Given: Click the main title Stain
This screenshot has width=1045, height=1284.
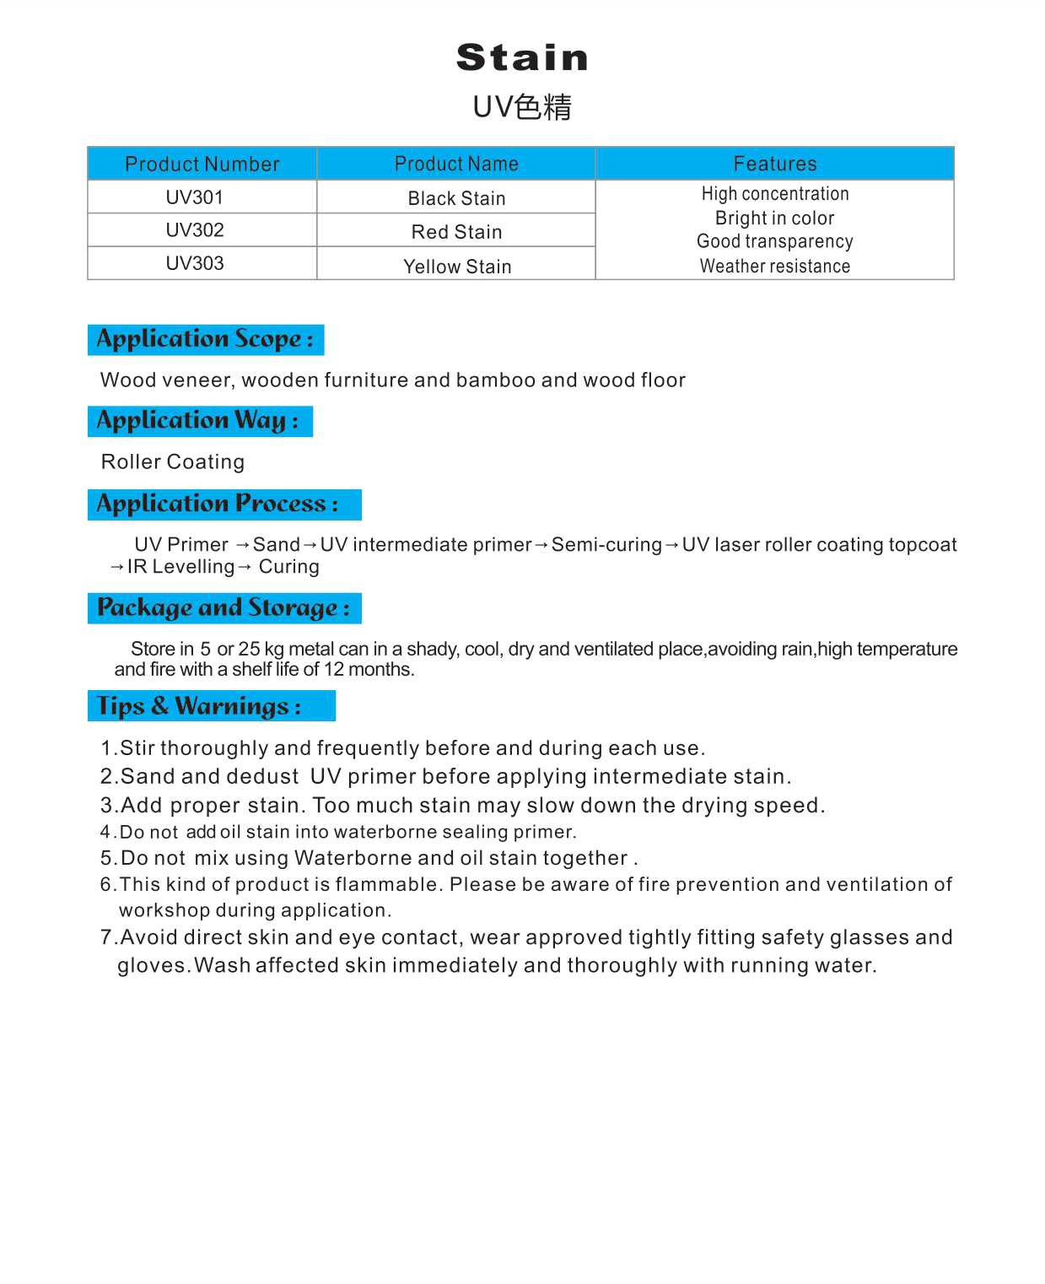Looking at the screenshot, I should [x=522, y=57].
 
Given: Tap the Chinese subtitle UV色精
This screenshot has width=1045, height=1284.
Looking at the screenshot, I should [x=522, y=107].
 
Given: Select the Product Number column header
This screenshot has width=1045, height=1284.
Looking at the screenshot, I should [x=202, y=164].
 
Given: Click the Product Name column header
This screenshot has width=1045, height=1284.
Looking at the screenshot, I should [x=456, y=164].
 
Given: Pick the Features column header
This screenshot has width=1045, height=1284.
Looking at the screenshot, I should [x=775, y=164].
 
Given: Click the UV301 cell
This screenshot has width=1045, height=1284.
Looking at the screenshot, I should [x=195, y=197].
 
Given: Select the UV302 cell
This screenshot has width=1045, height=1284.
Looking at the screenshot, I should [x=195, y=230].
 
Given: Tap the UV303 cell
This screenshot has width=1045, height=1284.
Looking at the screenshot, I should [x=195, y=263].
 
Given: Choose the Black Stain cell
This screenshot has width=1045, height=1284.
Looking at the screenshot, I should [x=456, y=198].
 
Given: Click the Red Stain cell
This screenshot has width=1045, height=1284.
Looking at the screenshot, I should [x=456, y=232].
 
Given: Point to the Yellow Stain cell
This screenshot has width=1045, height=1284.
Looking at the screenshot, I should [x=457, y=267].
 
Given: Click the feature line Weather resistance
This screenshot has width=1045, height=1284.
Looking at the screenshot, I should [x=775, y=267].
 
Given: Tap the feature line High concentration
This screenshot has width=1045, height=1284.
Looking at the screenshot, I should [x=775, y=194].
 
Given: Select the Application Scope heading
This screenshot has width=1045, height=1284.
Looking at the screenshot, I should [x=206, y=339].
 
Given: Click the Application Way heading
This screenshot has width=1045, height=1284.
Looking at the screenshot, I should [x=199, y=421].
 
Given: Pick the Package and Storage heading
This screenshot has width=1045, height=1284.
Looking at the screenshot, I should [x=224, y=608].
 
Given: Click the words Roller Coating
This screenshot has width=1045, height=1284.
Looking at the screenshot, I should [x=173, y=461].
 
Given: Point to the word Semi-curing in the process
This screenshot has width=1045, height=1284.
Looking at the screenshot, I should [x=606, y=545].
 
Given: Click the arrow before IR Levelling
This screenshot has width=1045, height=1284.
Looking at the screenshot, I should [x=117, y=567].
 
